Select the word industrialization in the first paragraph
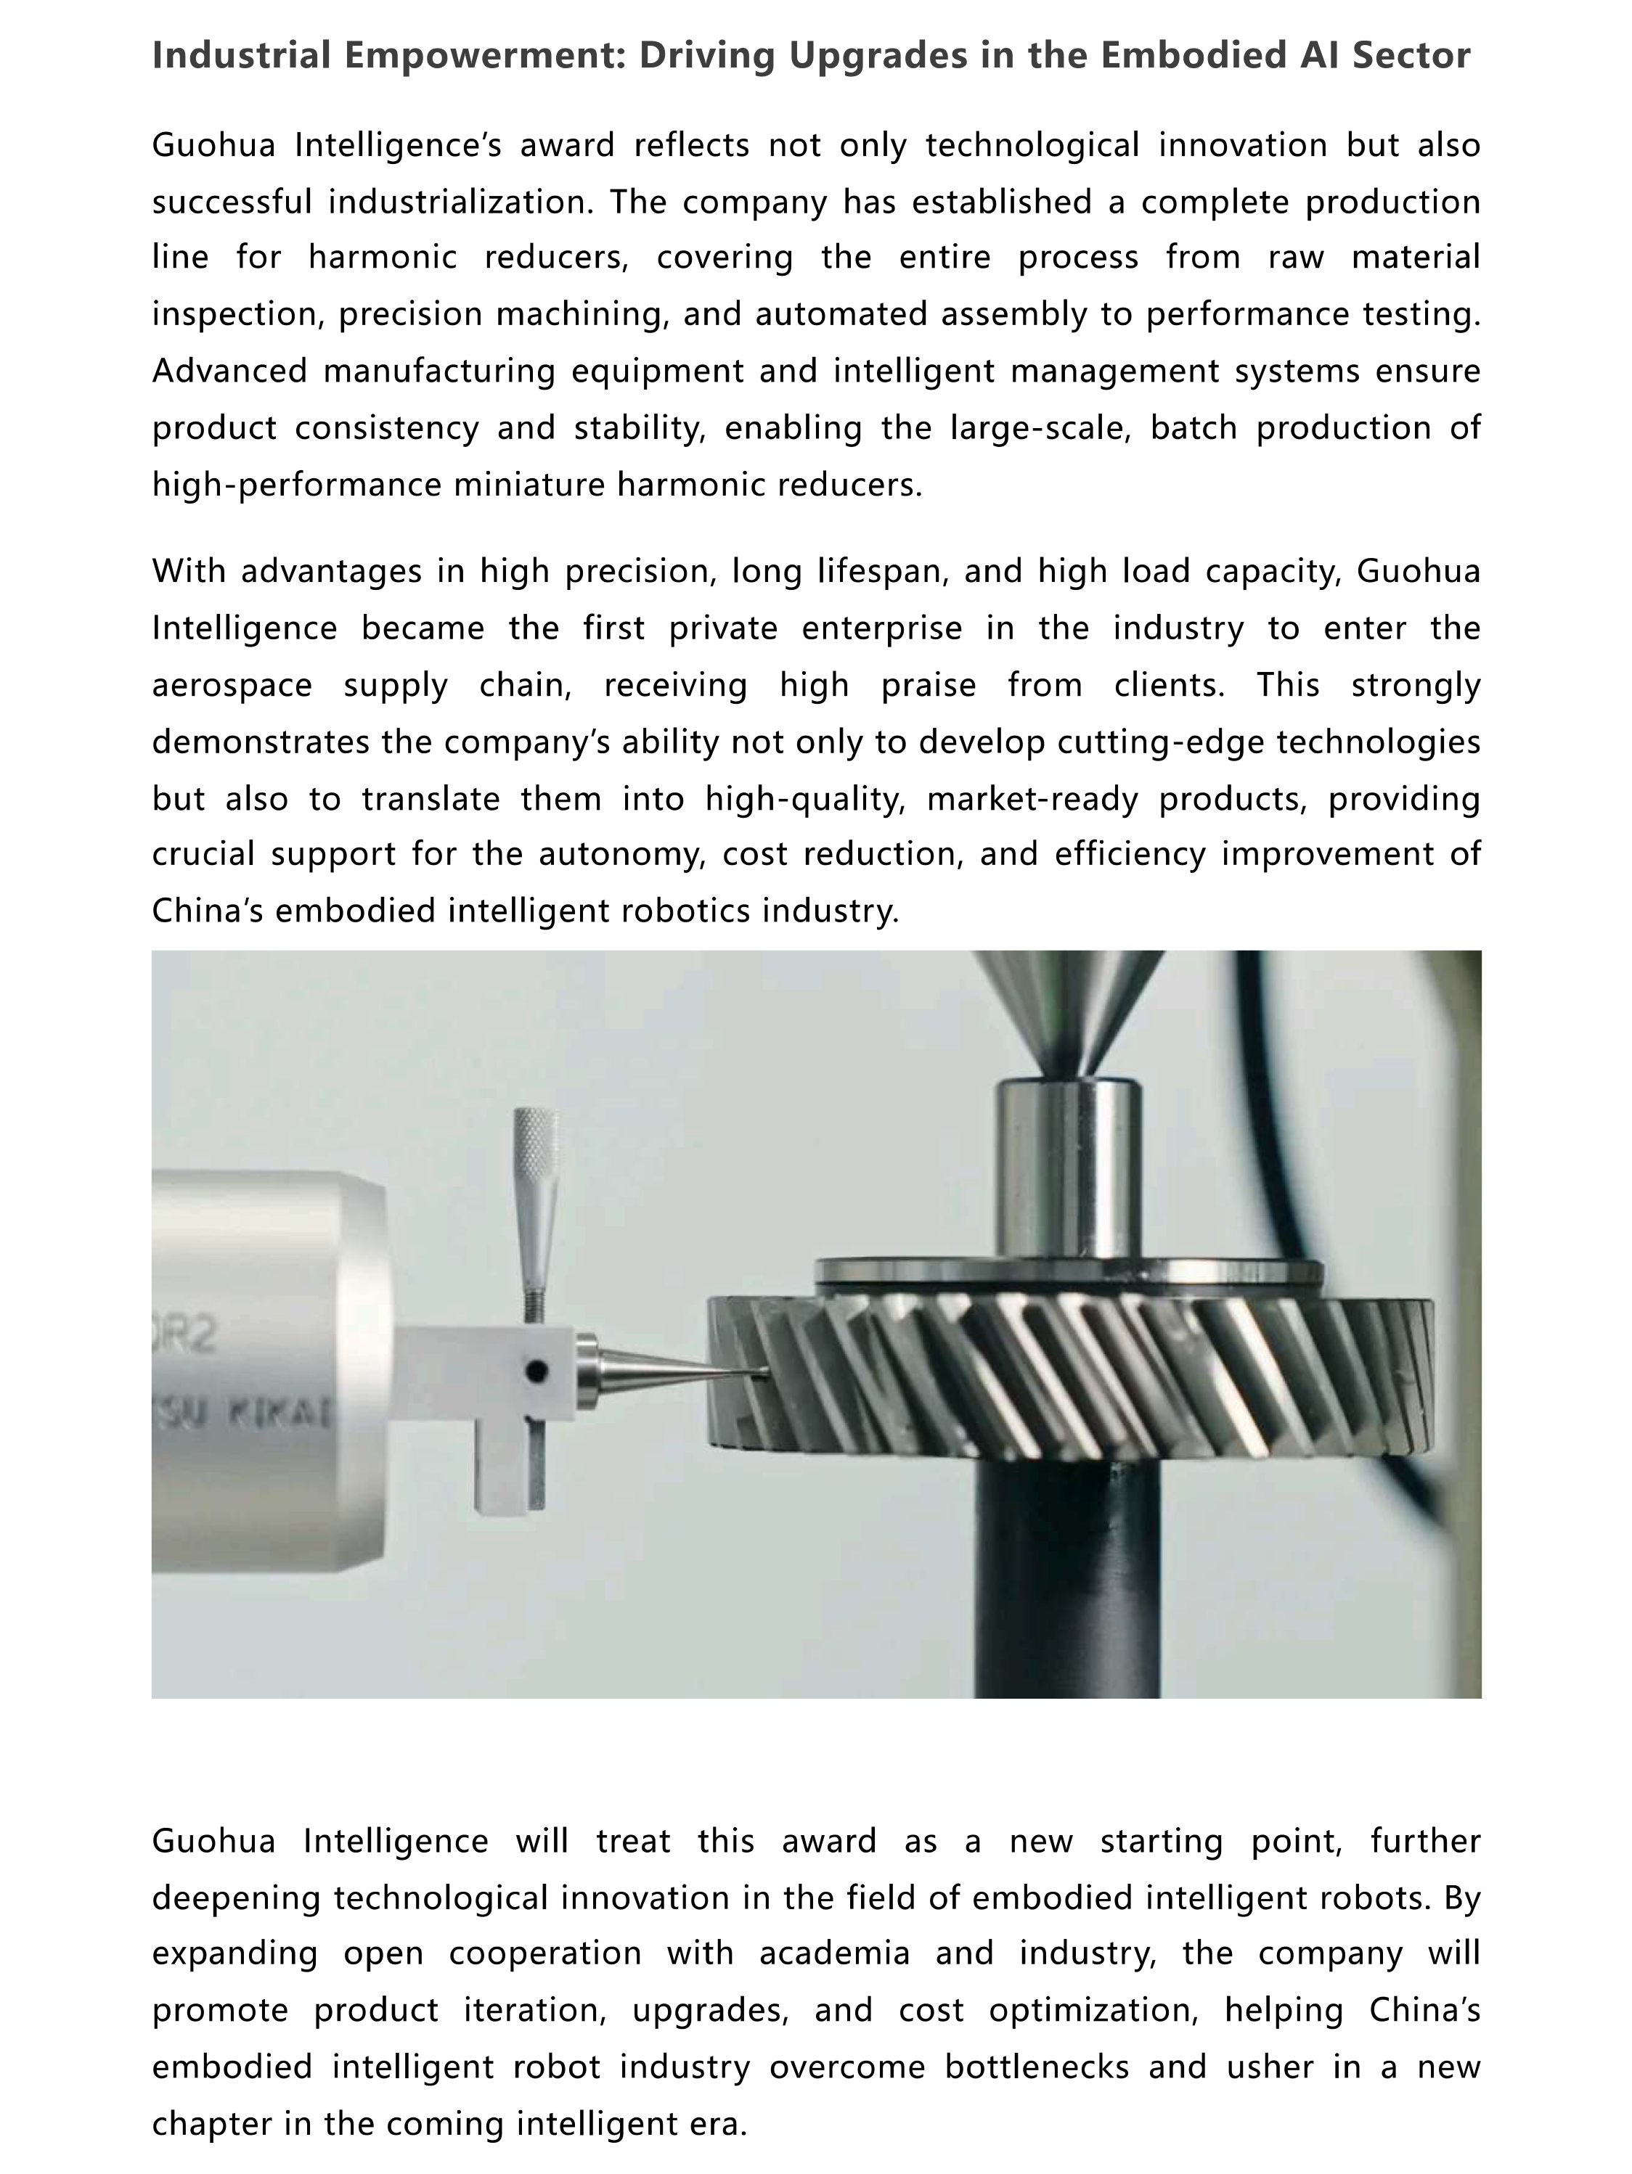[459, 202]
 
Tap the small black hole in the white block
[536, 1370]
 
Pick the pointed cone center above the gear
[1069, 1012]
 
